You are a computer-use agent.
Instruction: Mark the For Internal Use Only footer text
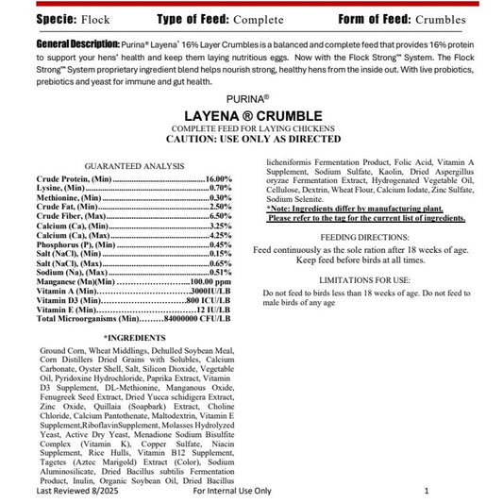pyautogui.click(x=231, y=492)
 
